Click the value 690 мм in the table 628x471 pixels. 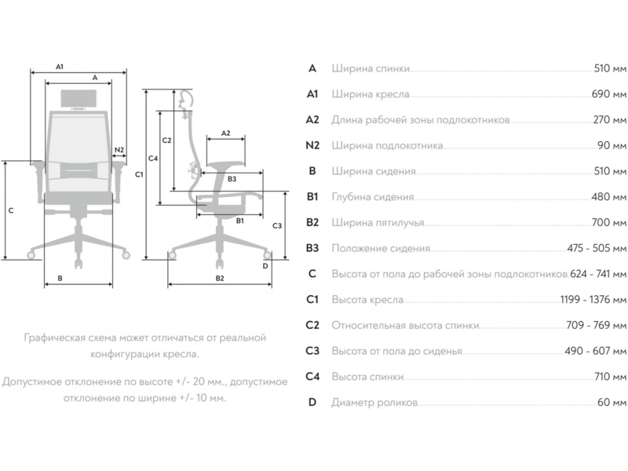click(x=609, y=94)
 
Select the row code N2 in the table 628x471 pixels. click(x=312, y=145)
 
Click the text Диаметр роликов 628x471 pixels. click(x=374, y=403)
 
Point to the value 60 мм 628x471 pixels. click(x=612, y=403)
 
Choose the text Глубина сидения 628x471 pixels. click(x=373, y=197)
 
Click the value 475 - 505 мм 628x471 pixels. click(x=597, y=249)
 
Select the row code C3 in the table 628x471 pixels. click(x=312, y=351)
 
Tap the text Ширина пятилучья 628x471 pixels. click(x=379, y=223)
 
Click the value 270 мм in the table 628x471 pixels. click(x=609, y=120)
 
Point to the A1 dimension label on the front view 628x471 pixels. click(x=60, y=68)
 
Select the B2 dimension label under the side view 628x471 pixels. click(x=220, y=279)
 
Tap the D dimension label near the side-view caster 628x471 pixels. click(x=266, y=265)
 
